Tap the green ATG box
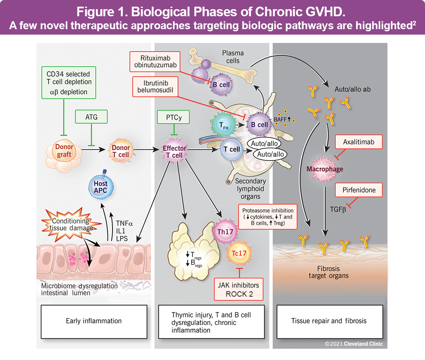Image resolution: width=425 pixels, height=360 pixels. [91, 117]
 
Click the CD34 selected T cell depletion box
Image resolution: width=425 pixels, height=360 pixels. [69, 82]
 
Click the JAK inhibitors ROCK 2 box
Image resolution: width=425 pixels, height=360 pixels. [239, 289]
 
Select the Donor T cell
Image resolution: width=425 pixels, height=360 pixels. [120, 150]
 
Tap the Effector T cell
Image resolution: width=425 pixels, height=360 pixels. [175, 151]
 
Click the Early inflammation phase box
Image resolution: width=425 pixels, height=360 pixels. [94, 320]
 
